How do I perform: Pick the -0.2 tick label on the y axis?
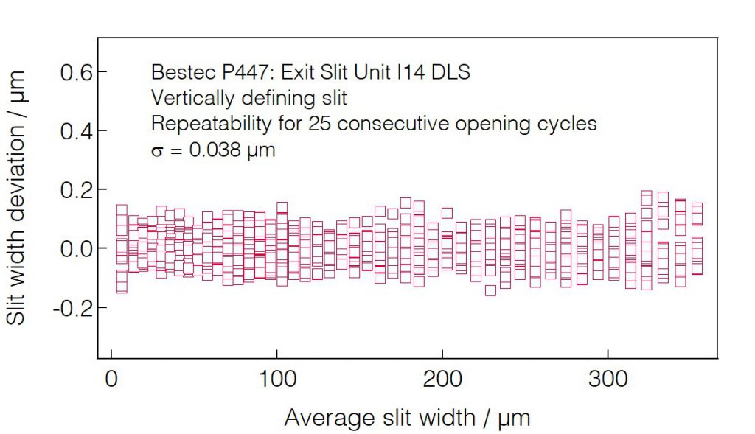tap(72, 308)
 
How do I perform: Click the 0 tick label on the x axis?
tap(111, 379)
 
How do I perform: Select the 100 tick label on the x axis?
tap(276, 379)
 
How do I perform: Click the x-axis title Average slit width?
tap(407, 418)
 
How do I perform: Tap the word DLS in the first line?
tap(452, 73)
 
